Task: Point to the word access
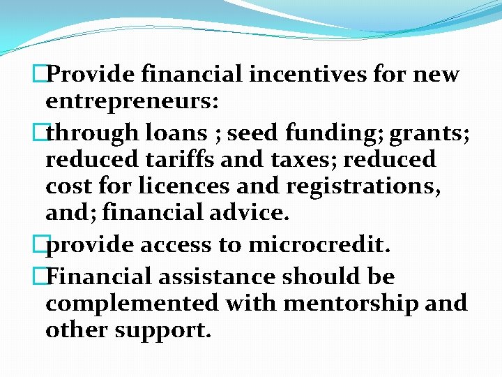(x=176, y=246)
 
